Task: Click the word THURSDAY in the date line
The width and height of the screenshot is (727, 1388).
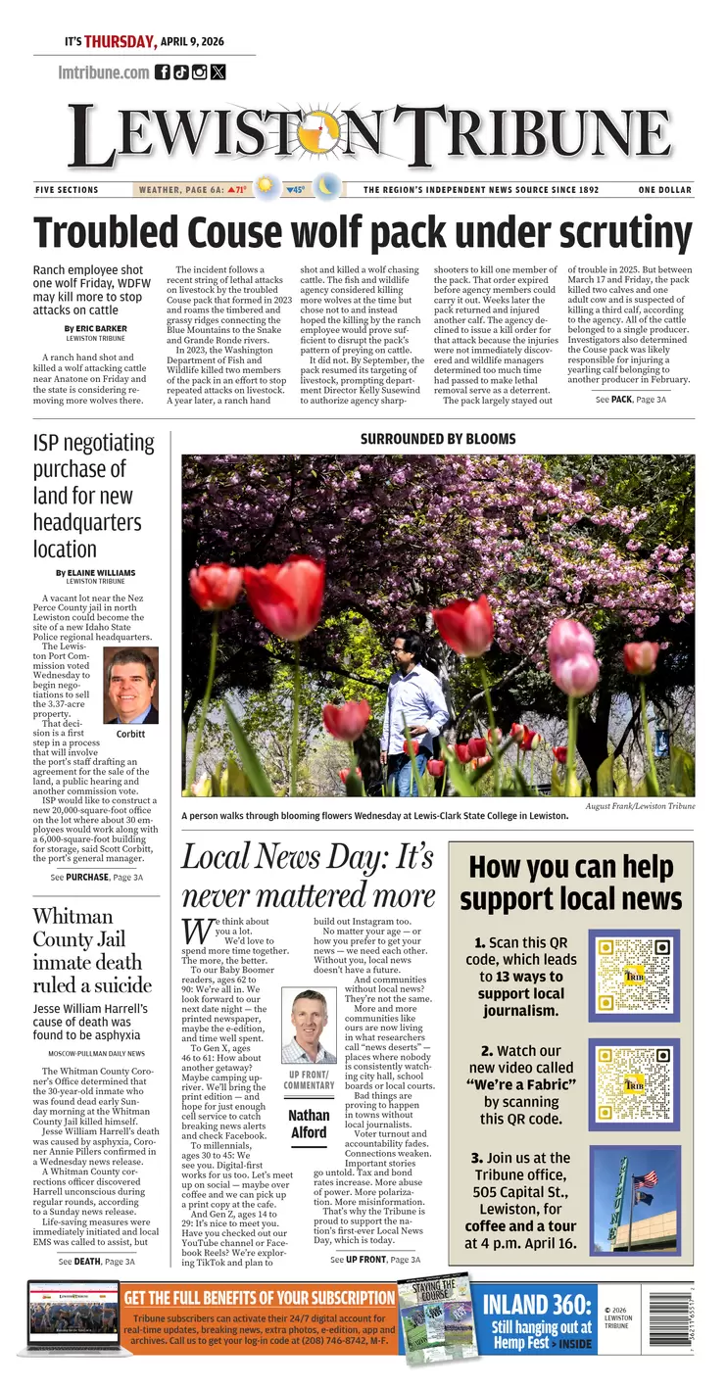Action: pyautogui.click(x=120, y=41)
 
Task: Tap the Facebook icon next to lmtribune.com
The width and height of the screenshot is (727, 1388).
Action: pyautogui.click(x=163, y=72)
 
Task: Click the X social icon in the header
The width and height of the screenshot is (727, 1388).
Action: pyautogui.click(x=218, y=72)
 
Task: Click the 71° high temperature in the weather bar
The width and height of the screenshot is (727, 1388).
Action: pyautogui.click(x=237, y=189)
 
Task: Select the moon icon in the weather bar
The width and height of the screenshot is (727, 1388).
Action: pyautogui.click(x=326, y=187)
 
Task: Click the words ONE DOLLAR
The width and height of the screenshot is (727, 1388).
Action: pyautogui.click(x=664, y=190)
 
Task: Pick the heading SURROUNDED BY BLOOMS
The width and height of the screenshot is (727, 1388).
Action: pyautogui.click(x=438, y=439)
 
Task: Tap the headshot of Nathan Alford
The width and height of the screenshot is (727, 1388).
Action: pyautogui.click(x=309, y=1025)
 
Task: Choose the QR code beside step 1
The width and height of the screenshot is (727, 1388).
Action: pyautogui.click(x=634, y=975)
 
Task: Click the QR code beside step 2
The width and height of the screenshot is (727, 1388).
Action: pyautogui.click(x=634, y=1085)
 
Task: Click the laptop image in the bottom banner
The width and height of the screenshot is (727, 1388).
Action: pyautogui.click(x=73, y=1317)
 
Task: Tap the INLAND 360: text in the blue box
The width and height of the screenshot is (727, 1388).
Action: pyautogui.click(x=537, y=1305)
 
